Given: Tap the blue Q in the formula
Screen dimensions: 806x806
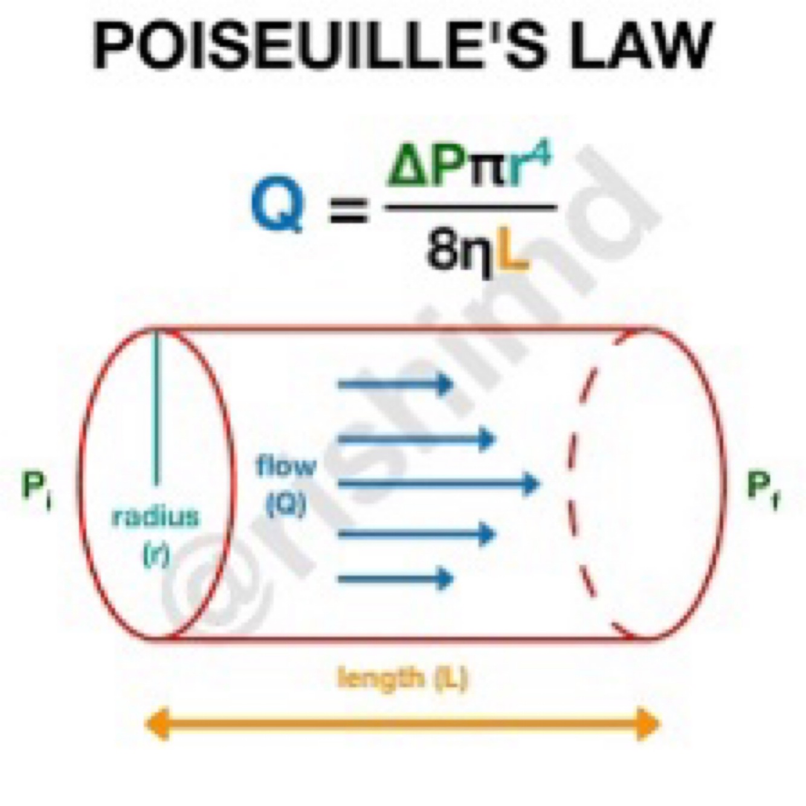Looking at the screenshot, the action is (x=277, y=204).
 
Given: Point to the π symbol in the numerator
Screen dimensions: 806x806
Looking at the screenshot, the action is (x=485, y=172).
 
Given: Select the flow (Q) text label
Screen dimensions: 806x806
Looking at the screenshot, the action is (x=286, y=483).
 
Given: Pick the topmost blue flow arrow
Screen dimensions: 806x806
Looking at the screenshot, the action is (x=396, y=384).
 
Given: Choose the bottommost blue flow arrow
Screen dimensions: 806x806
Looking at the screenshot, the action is (x=396, y=579).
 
